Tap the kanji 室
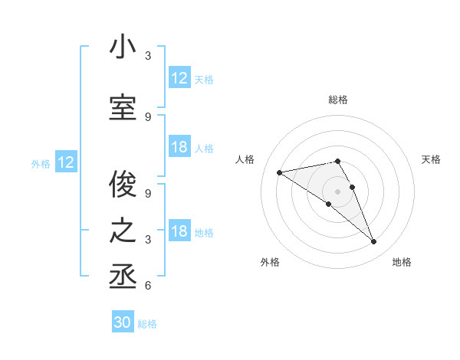[123, 109]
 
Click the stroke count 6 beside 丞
[148, 286]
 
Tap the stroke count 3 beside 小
[148, 56]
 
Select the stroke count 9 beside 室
[148, 116]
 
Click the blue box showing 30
[123, 322]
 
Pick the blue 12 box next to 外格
[66, 162]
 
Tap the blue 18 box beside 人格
[179, 147]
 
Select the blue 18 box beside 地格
[179, 232]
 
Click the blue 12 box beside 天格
[179, 78]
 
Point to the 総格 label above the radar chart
[338, 100]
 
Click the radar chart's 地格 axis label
[402, 262]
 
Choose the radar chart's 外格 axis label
[270, 262]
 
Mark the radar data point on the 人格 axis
[280, 172]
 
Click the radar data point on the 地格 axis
[374, 242]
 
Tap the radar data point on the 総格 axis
[338, 161]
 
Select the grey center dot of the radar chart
[338, 191]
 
